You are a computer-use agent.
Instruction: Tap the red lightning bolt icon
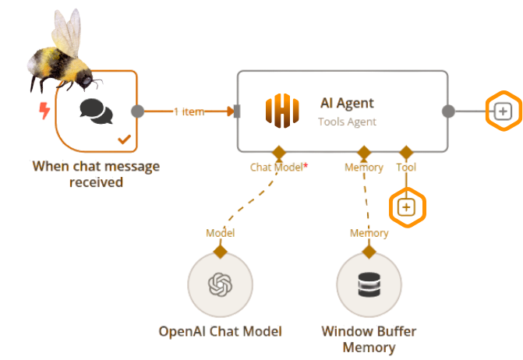pos(45,111)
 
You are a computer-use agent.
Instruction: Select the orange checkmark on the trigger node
pos(123,139)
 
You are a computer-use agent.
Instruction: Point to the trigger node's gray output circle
pos(137,111)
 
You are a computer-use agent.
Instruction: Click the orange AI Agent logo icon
pos(282,113)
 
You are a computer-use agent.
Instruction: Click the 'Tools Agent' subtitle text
pos(347,122)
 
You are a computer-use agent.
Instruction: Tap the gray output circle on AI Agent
pos(448,111)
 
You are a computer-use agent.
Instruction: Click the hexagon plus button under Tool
pos(407,207)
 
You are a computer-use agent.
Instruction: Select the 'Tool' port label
pos(406,168)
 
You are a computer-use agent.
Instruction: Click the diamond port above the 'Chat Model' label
pos(277,151)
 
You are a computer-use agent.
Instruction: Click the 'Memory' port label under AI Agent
pos(364,168)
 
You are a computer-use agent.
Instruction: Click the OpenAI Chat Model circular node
pos(220,284)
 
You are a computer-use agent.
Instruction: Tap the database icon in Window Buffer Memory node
pos(369,284)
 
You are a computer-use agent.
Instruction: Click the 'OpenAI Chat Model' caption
pos(220,331)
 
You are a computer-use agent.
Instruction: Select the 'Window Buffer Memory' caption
pos(369,339)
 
